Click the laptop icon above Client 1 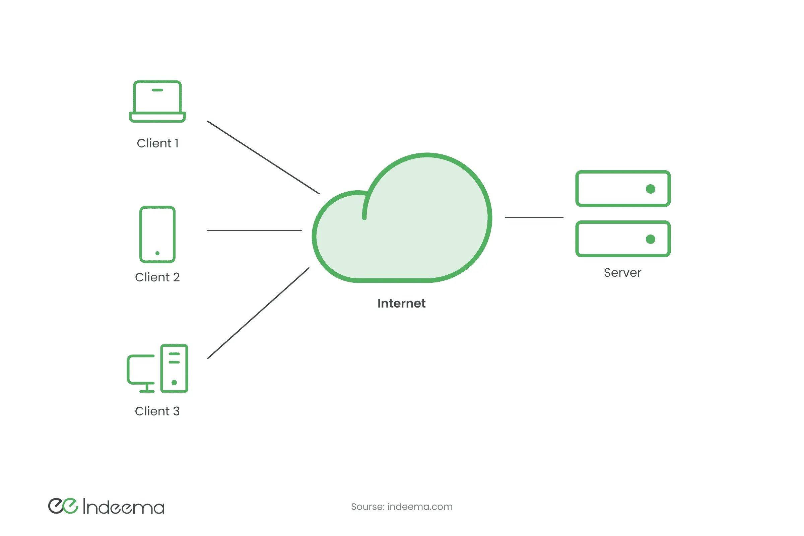pyautogui.click(x=157, y=102)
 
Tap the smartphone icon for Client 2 pyautogui.click(x=157, y=234)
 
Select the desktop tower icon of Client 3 pyautogui.click(x=174, y=368)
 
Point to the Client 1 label pyautogui.click(x=157, y=143)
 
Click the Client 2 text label pyautogui.click(x=157, y=277)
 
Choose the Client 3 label pyautogui.click(x=157, y=411)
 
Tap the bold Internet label pyautogui.click(x=401, y=304)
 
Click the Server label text pyautogui.click(x=622, y=273)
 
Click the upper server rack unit pyautogui.click(x=622, y=189)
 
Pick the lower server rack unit pyautogui.click(x=622, y=239)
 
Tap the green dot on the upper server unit pyautogui.click(x=650, y=189)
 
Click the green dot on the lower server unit pyautogui.click(x=650, y=239)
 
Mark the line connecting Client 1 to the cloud pyautogui.click(x=263, y=157)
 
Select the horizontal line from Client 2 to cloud pyautogui.click(x=254, y=230)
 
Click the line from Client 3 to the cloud pyautogui.click(x=258, y=313)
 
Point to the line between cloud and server pyautogui.click(x=534, y=217)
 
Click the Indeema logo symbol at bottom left pyautogui.click(x=63, y=506)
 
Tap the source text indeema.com pyautogui.click(x=402, y=507)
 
